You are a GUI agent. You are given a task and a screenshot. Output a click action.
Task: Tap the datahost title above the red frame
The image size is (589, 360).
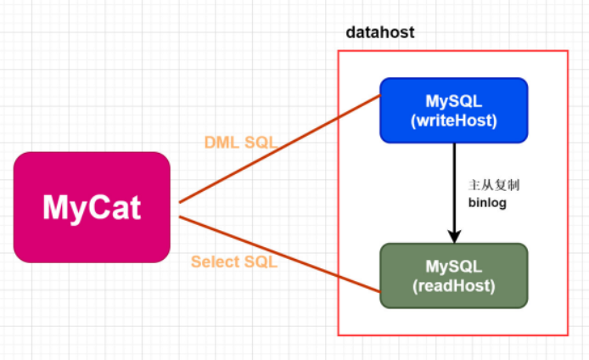pyautogui.click(x=380, y=33)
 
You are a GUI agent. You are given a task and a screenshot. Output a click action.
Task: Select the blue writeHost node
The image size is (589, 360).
pyautogui.click(x=453, y=110)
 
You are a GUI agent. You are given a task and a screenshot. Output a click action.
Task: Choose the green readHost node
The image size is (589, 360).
pyautogui.click(x=453, y=275)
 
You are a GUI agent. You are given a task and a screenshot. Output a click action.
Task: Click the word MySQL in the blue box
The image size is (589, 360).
pyautogui.click(x=453, y=101)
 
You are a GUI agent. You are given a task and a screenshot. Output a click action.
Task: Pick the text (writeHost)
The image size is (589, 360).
pyautogui.click(x=453, y=121)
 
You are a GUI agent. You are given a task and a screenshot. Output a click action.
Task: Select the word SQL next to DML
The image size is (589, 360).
pyautogui.click(x=260, y=143)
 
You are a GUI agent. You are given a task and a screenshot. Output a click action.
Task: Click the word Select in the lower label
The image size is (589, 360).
pyautogui.click(x=214, y=262)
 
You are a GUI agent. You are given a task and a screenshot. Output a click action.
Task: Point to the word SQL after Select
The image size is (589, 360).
pyautogui.click(x=261, y=262)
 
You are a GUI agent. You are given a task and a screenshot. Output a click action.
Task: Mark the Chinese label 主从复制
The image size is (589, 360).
pyautogui.click(x=493, y=184)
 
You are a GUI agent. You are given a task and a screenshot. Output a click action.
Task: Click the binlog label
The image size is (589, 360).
pyautogui.click(x=487, y=203)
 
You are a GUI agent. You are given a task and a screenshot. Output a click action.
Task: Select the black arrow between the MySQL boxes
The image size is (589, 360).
pyautogui.click(x=455, y=187)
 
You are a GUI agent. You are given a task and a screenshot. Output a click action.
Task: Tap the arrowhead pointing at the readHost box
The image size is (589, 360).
pyautogui.click(x=455, y=235)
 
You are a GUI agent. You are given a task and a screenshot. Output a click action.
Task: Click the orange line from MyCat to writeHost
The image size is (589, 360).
pyautogui.click(x=280, y=149)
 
